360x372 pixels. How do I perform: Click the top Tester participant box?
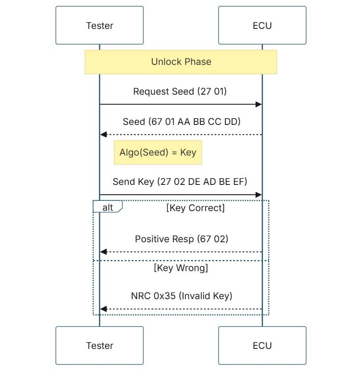(x=100, y=25)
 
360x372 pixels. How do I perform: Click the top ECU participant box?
(x=262, y=25)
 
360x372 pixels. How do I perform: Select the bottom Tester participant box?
(x=100, y=345)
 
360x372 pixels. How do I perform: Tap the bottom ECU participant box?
(x=262, y=345)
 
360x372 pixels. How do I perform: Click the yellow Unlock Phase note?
(x=181, y=62)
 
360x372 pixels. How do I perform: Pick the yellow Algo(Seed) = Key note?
(x=158, y=152)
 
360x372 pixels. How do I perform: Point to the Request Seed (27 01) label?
(x=180, y=92)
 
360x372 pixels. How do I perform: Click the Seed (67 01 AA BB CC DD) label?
(x=181, y=122)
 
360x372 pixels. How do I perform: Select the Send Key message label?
(x=180, y=182)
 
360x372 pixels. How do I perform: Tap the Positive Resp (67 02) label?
(x=181, y=239)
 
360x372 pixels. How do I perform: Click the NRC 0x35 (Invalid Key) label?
(x=181, y=296)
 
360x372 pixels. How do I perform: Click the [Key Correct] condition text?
(x=195, y=208)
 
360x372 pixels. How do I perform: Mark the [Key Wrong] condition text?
(x=181, y=268)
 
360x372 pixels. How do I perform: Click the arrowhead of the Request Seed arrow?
(x=259, y=104)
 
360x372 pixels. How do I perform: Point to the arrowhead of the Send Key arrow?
(x=259, y=195)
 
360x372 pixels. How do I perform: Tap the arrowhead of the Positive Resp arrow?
(x=104, y=252)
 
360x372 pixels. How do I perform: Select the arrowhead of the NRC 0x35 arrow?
(x=104, y=309)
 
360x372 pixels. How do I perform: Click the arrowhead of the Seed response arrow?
(x=104, y=135)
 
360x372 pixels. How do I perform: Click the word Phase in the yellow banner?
(x=198, y=62)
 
